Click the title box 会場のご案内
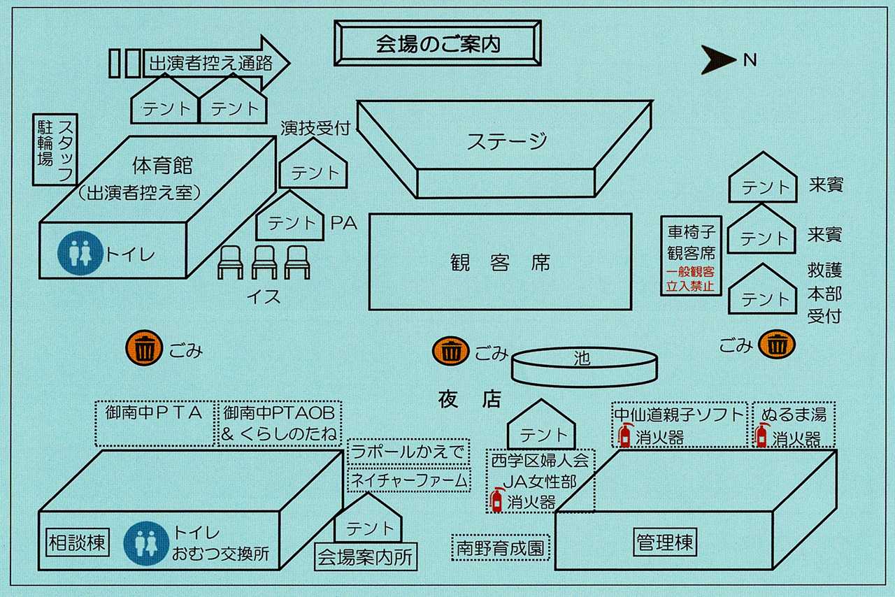438,43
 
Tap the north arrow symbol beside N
717,59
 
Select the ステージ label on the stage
507,141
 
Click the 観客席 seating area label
500,263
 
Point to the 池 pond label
582,359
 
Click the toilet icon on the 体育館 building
80,253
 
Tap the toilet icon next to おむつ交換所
146,543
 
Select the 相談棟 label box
78,542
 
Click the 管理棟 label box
665,542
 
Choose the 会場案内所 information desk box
366,556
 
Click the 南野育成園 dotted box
501,548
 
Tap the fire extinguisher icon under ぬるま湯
761,436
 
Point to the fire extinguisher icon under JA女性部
496,500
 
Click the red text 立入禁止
690,286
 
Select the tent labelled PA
289,216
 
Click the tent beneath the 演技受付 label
313,164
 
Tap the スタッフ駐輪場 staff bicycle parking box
55,150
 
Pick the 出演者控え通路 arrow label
211,63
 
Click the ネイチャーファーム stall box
409,480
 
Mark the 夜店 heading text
469,399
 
